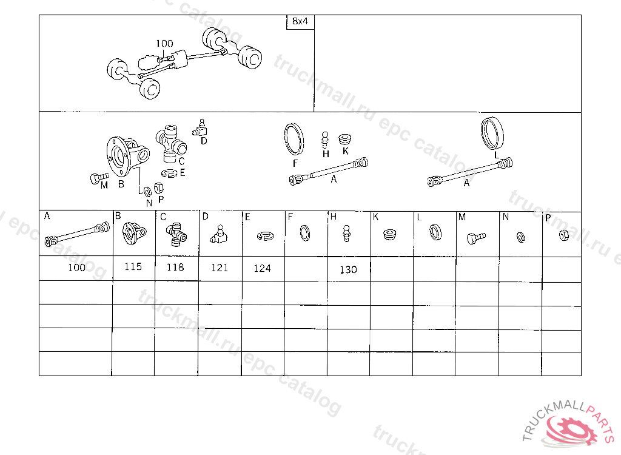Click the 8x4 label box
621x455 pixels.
pos(300,22)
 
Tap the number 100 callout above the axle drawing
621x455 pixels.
pos(164,43)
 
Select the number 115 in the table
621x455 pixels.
pos(133,267)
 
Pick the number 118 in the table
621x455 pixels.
pos(175,267)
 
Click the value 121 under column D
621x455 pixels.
pos(220,268)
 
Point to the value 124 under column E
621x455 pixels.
pos(262,269)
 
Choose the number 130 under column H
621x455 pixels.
pos(348,270)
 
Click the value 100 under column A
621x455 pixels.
pos(77,268)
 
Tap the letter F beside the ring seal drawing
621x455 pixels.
pos(295,163)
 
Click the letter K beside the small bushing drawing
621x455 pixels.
pos(345,151)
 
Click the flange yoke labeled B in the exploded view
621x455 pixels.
pos(127,156)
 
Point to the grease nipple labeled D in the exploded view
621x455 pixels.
pos(201,128)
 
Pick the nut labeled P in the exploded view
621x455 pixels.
pos(158,187)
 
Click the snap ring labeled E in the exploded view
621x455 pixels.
pos(170,174)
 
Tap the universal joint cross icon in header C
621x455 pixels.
pos(176,234)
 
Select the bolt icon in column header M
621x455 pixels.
pos(476,238)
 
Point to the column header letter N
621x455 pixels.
pos(506,217)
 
